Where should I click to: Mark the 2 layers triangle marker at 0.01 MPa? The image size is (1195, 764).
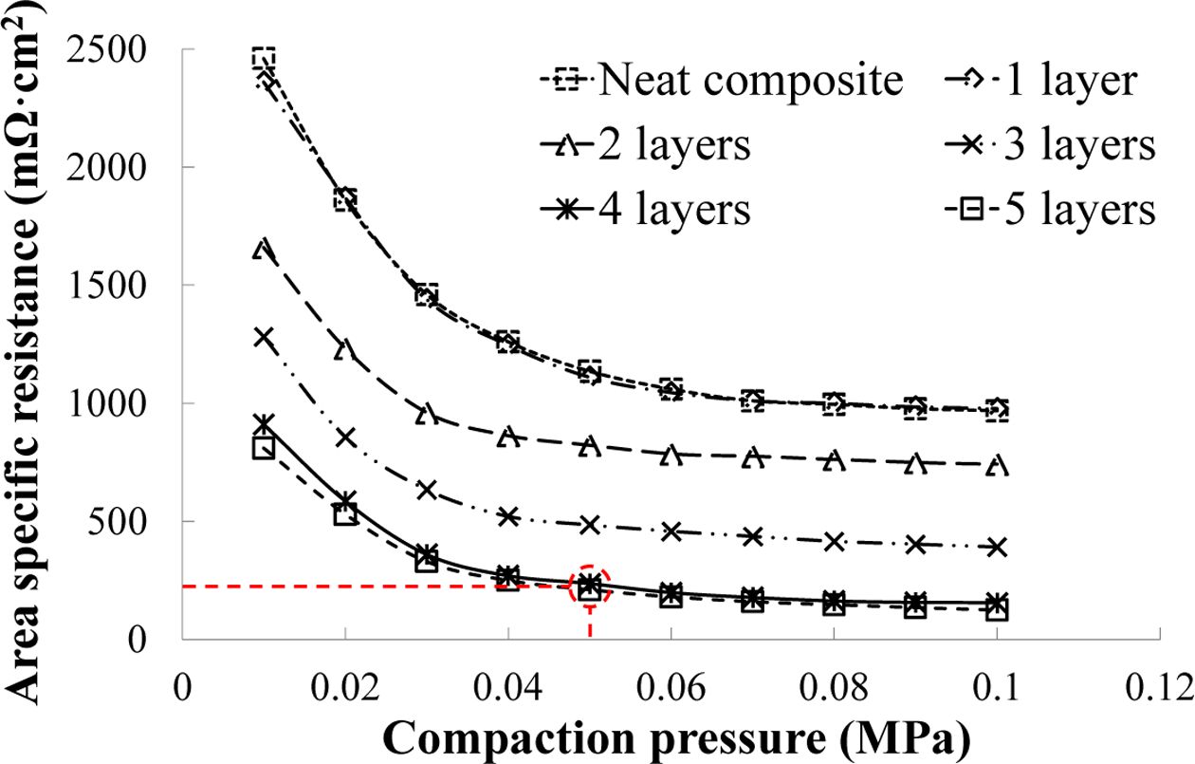pyautogui.click(x=264, y=249)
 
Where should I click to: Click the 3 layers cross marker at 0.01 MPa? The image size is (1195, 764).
pyautogui.click(x=264, y=337)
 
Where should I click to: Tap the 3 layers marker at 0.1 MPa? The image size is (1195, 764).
pyautogui.click(x=997, y=547)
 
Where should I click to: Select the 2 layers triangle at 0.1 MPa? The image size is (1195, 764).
pyautogui.click(x=997, y=465)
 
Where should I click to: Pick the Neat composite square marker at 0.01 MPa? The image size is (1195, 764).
pyautogui.click(x=264, y=59)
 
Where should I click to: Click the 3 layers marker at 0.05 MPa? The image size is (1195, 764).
pyautogui.click(x=590, y=525)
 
